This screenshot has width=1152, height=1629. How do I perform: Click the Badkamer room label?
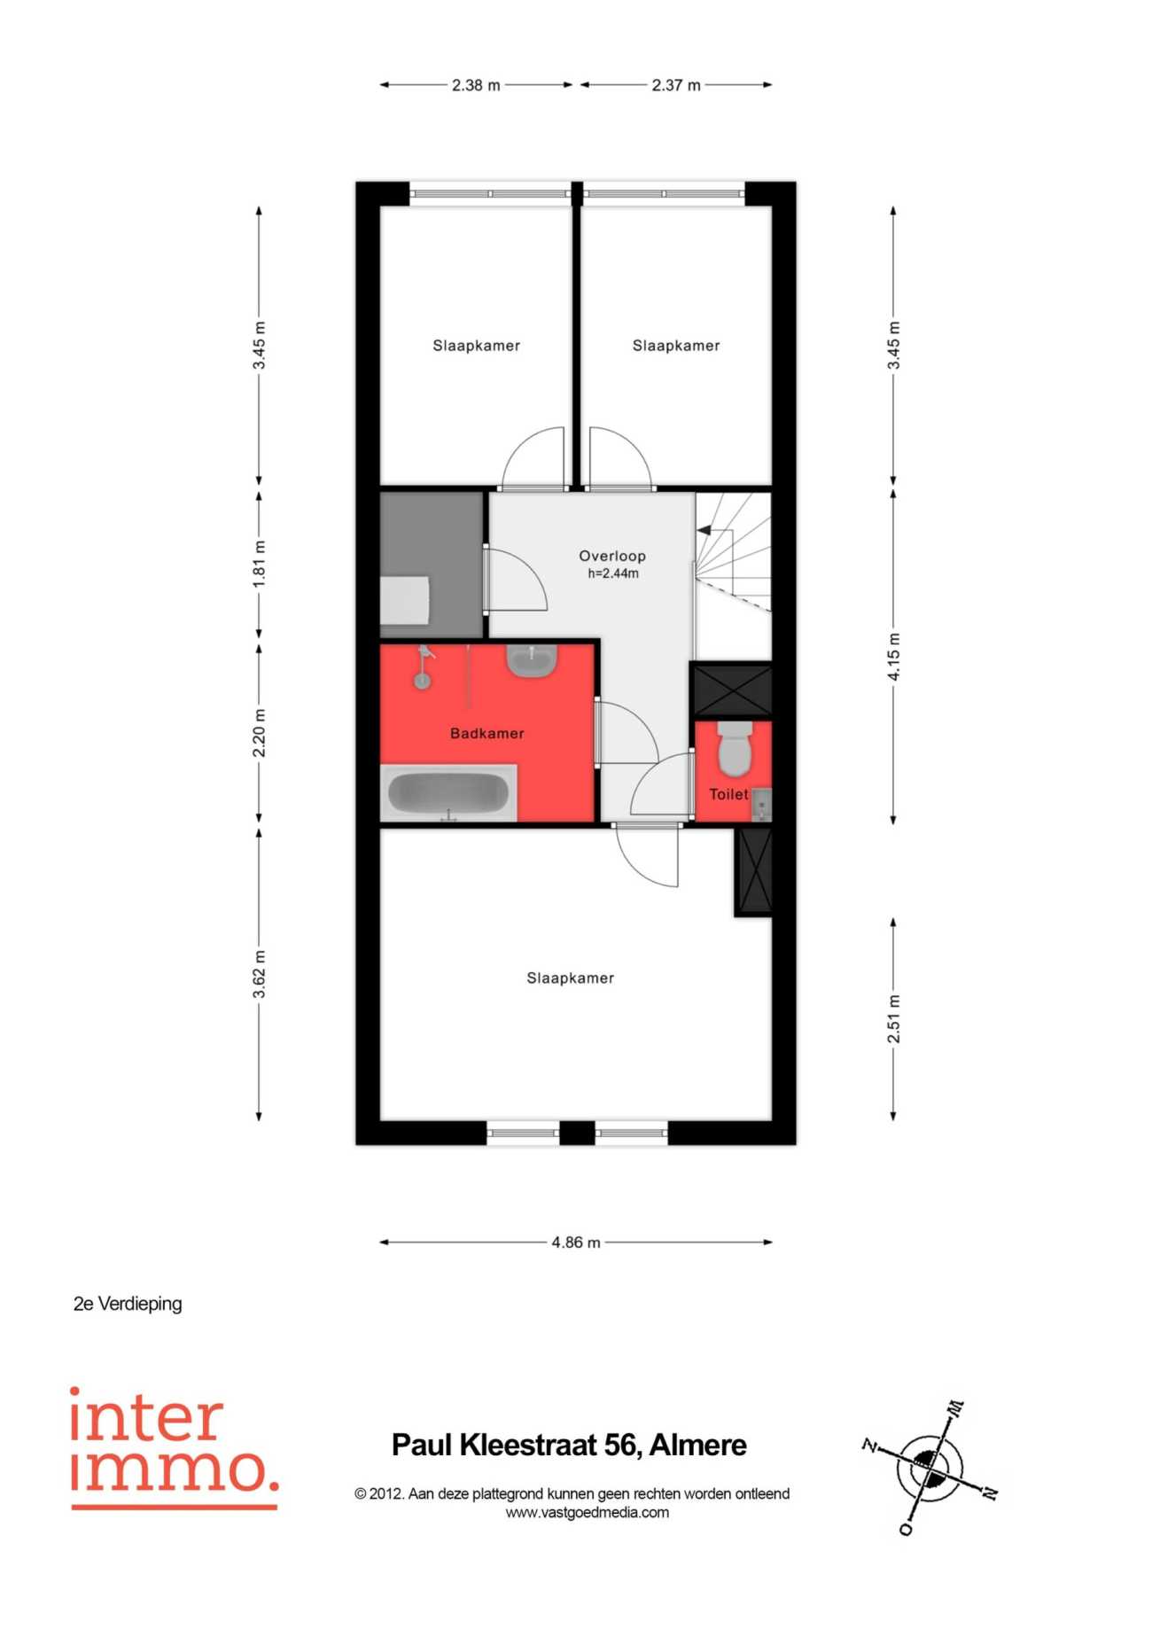click(x=486, y=733)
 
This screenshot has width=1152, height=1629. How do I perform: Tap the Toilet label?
click(x=728, y=794)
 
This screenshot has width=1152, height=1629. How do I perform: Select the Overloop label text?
click(x=612, y=556)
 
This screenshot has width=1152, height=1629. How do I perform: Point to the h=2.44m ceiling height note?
click(x=613, y=573)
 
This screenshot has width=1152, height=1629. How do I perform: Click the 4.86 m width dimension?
click(x=576, y=1242)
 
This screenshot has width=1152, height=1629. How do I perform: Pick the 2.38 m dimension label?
click(x=476, y=85)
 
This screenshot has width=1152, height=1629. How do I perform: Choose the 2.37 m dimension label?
click(x=676, y=85)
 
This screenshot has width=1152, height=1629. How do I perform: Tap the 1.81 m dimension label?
click(x=259, y=564)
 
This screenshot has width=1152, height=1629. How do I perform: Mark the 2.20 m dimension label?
click(x=259, y=733)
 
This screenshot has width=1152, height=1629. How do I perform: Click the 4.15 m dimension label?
click(x=893, y=657)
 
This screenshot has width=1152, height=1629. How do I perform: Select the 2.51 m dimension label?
click(x=893, y=1019)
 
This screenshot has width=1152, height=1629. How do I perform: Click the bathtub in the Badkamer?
click(x=449, y=792)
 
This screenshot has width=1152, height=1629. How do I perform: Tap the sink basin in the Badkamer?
click(x=532, y=659)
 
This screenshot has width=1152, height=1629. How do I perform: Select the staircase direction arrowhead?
click(x=704, y=530)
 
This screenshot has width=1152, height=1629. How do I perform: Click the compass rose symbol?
click(x=930, y=1469)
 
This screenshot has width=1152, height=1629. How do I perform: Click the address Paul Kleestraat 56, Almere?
click(x=570, y=1445)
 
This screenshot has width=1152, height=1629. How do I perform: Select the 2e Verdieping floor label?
click(x=128, y=1304)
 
